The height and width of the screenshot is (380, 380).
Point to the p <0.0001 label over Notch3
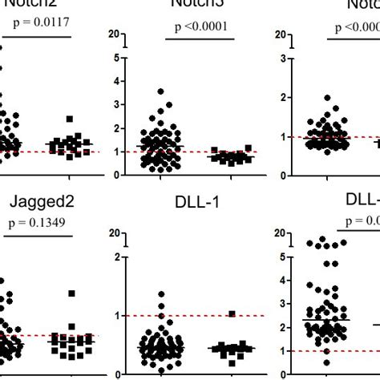click(201, 26)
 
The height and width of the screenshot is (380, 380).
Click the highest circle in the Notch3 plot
click(160, 92)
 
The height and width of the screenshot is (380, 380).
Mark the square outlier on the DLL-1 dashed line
click(232, 314)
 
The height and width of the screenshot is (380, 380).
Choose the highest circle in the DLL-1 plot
click(160, 295)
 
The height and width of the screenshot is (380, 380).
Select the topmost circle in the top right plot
click(327, 98)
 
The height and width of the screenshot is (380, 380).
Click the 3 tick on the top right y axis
click(283, 58)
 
